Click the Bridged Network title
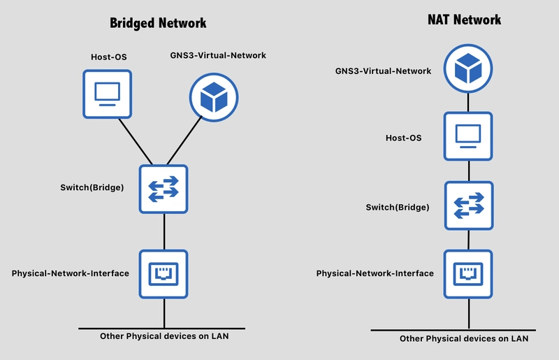pyautogui.click(x=158, y=23)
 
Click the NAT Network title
pyautogui.click(x=464, y=20)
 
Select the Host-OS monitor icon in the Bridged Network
pyautogui.click(x=108, y=94)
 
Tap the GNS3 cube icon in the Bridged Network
pyautogui.click(x=214, y=97)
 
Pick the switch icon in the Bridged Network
pyautogui.click(x=164, y=189)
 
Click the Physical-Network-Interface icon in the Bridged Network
pyautogui.click(x=164, y=274)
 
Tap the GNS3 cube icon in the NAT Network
pyautogui.click(x=468, y=69)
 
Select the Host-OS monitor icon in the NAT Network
pyautogui.click(x=468, y=136)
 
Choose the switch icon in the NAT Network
pyautogui.click(x=469, y=206)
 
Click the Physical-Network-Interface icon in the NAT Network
pyautogui.click(x=468, y=274)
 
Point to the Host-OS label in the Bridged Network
pyautogui.click(x=109, y=57)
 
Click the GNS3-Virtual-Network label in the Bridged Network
pyautogui.click(x=218, y=55)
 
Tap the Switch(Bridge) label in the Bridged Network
pyautogui.click(x=92, y=187)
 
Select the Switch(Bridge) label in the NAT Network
pyautogui.click(x=398, y=208)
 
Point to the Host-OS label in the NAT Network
pyautogui.click(x=404, y=138)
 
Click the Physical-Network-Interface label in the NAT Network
pyautogui.click(x=375, y=273)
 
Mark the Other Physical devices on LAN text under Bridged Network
pyautogui.click(x=164, y=336)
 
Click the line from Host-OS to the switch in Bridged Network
pyautogui.click(x=136, y=142)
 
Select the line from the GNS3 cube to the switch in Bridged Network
pyautogui.click(x=184, y=141)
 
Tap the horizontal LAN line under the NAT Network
pyautogui.click(x=453, y=331)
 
